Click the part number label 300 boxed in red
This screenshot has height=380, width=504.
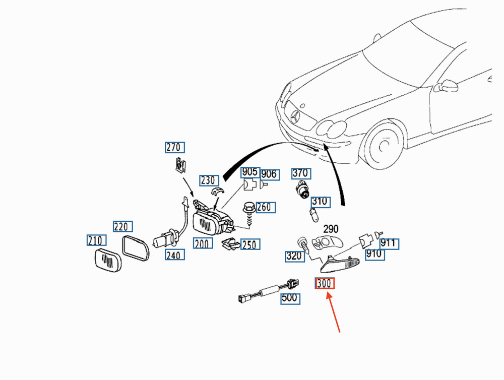[325, 284]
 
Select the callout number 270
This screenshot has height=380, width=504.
[175, 147]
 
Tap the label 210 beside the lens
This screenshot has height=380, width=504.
[96, 240]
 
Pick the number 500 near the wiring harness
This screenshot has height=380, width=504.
[290, 298]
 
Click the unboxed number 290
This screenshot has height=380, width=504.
[330, 229]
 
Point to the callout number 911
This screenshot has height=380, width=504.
[389, 243]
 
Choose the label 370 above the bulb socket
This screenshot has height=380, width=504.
[301, 173]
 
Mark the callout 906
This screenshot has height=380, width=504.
[269, 174]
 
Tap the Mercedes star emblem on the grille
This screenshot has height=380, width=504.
[295, 118]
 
